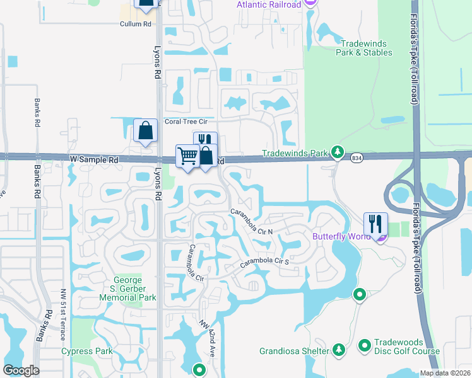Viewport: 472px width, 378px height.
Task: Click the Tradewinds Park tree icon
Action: pyautogui.click(x=338, y=152)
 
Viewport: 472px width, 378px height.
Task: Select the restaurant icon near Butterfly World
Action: pyautogui.click(x=374, y=223)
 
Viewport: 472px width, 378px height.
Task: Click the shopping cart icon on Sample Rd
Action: pyautogui.click(x=187, y=155)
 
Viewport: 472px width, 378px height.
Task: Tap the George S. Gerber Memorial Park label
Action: pyautogui.click(x=134, y=289)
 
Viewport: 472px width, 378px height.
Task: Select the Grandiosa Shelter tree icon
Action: pyautogui.click(x=339, y=350)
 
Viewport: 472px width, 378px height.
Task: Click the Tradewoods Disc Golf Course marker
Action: pyautogui.click(x=364, y=345)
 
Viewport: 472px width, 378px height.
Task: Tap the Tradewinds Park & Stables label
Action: pyautogui.click(x=365, y=48)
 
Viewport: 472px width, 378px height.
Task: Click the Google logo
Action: pyautogui.click(x=21, y=370)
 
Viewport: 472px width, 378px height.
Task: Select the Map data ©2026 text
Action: pyautogui.click(x=445, y=373)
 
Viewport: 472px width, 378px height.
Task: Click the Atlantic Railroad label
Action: pyautogui.click(x=269, y=4)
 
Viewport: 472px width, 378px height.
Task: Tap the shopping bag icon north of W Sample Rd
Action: pyautogui.click(x=145, y=132)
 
